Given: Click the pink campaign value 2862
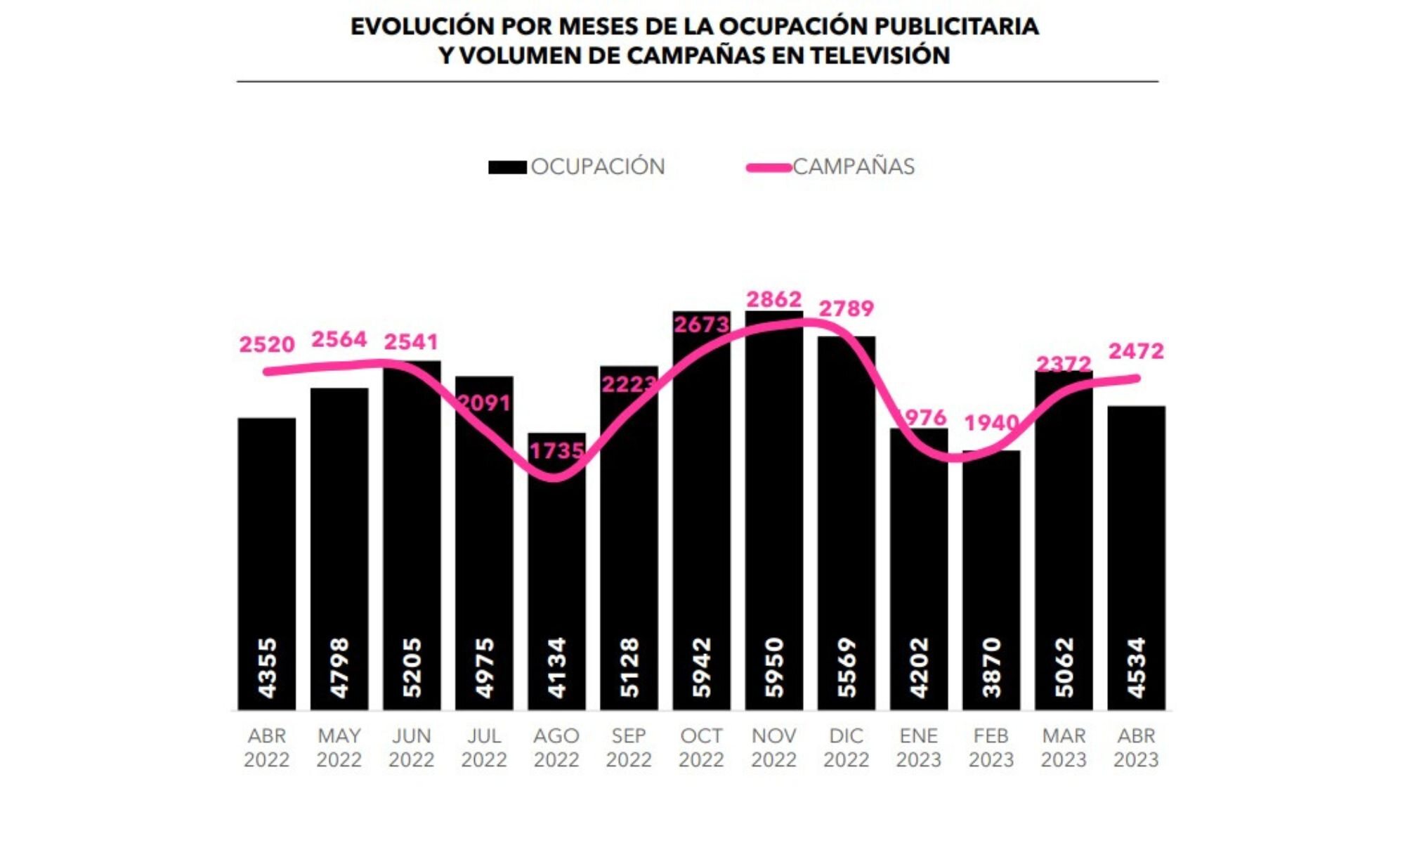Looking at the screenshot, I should [773, 299].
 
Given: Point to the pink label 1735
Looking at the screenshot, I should [556, 450].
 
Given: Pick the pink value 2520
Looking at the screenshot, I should [267, 344].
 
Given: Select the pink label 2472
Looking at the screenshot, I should [1136, 351].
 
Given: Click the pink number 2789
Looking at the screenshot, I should [847, 308].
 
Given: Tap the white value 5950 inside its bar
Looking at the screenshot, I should [773, 667].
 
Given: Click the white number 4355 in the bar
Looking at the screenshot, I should [267, 667].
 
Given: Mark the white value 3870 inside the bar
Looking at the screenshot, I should [991, 667].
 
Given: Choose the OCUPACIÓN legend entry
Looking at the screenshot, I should [597, 166].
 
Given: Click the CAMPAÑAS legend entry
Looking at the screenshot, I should [854, 166].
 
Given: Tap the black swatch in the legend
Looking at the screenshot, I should [507, 167].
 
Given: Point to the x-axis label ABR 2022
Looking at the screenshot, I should [267, 747].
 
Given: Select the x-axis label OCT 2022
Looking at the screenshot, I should [701, 747].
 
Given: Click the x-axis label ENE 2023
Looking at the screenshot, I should [918, 747].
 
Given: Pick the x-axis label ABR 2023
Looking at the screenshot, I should [1136, 747].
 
